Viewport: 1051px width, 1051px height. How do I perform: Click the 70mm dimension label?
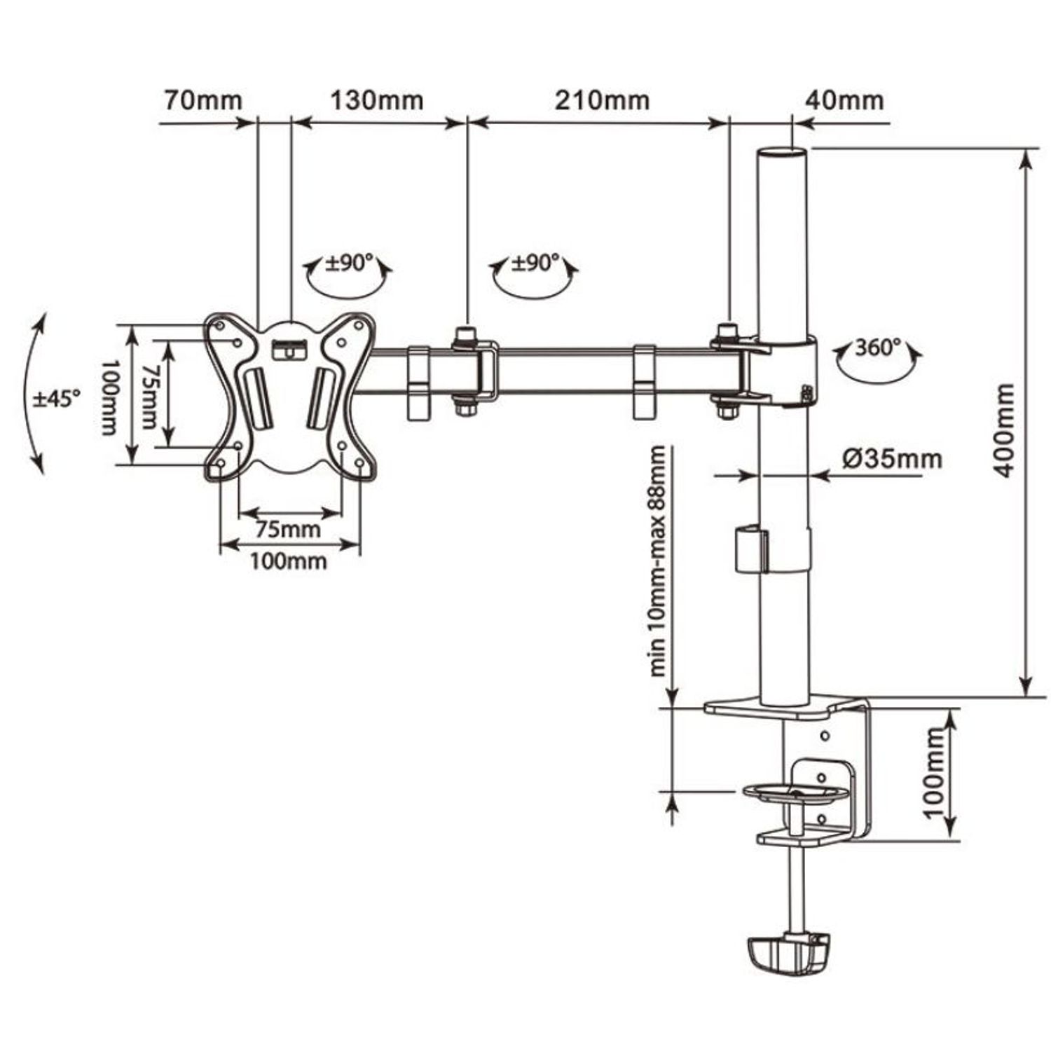(203, 99)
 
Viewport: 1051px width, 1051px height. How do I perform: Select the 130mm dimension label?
(377, 99)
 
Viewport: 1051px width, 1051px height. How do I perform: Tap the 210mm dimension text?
(603, 99)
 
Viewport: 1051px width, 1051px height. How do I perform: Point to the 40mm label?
(844, 99)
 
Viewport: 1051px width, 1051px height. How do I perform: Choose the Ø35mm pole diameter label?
(892, 459)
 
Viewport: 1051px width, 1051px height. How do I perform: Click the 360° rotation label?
(878, 348)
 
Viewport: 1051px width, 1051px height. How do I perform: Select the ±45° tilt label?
(57, 399)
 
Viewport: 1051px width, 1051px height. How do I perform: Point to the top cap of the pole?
(784, 153)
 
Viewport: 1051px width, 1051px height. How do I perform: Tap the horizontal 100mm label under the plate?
(289, 561)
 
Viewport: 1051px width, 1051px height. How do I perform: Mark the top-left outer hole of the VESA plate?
(219, 326)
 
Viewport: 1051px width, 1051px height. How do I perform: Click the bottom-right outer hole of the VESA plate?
(359, 463)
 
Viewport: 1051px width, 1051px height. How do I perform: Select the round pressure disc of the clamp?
(796, 794)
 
